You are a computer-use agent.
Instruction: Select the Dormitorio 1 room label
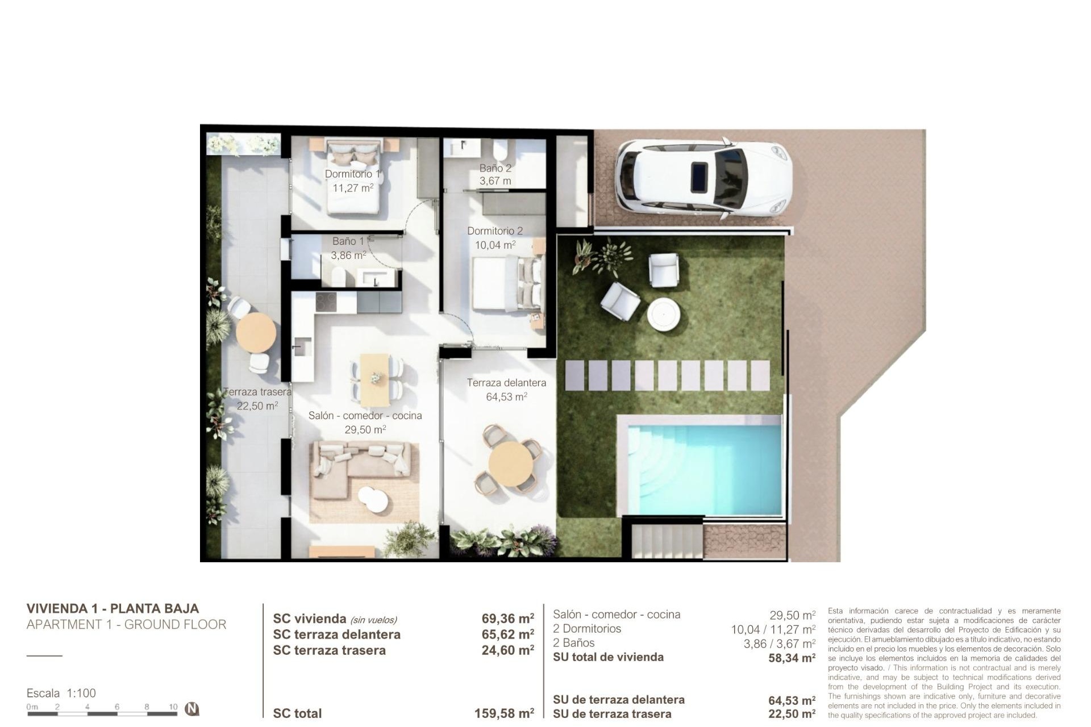(352, 174)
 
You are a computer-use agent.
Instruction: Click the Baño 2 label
(495, 168)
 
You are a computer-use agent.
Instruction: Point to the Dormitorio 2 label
(495, 231)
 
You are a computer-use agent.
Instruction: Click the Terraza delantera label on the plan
(506, 383)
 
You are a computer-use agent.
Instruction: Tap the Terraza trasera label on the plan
(257, 392)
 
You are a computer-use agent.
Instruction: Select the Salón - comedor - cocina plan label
(365, 416)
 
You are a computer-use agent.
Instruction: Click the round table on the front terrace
(511, 463)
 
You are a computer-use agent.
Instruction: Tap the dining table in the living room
(375, 376)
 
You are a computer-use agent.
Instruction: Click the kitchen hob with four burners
(326, 302)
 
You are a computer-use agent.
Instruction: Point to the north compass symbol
(192, 709)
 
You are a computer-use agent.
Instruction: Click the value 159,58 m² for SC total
(504, 713)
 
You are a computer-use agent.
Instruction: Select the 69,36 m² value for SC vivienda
(507, 619)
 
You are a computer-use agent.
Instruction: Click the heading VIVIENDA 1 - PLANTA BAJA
(113, 608)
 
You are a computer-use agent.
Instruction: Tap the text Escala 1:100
(61, 693)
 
